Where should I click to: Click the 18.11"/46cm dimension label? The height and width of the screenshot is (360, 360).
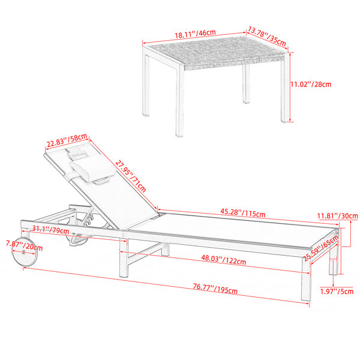(196, 34)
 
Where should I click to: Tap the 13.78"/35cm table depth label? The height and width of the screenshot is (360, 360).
(267, 36)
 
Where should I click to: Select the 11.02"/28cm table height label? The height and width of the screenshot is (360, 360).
(311, 84)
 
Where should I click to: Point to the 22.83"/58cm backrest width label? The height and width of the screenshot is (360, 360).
(67, 140)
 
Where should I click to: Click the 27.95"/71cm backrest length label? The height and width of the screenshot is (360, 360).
(131, 176)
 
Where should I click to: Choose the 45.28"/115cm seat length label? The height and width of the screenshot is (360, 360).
(243, 212)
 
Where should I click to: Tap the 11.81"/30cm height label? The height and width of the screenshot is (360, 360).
(337, 216)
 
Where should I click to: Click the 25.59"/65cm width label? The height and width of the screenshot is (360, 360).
(322, 248)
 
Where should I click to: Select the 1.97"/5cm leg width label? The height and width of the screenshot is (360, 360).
(337, 292)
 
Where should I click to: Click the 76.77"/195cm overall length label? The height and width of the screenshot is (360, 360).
(215, 289)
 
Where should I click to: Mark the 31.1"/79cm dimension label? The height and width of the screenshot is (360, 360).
(50, 230)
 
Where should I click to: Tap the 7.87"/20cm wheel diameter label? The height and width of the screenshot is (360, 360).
(25, 245)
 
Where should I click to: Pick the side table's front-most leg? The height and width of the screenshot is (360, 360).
(179, 100)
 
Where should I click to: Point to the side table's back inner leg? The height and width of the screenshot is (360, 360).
(246, 83)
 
